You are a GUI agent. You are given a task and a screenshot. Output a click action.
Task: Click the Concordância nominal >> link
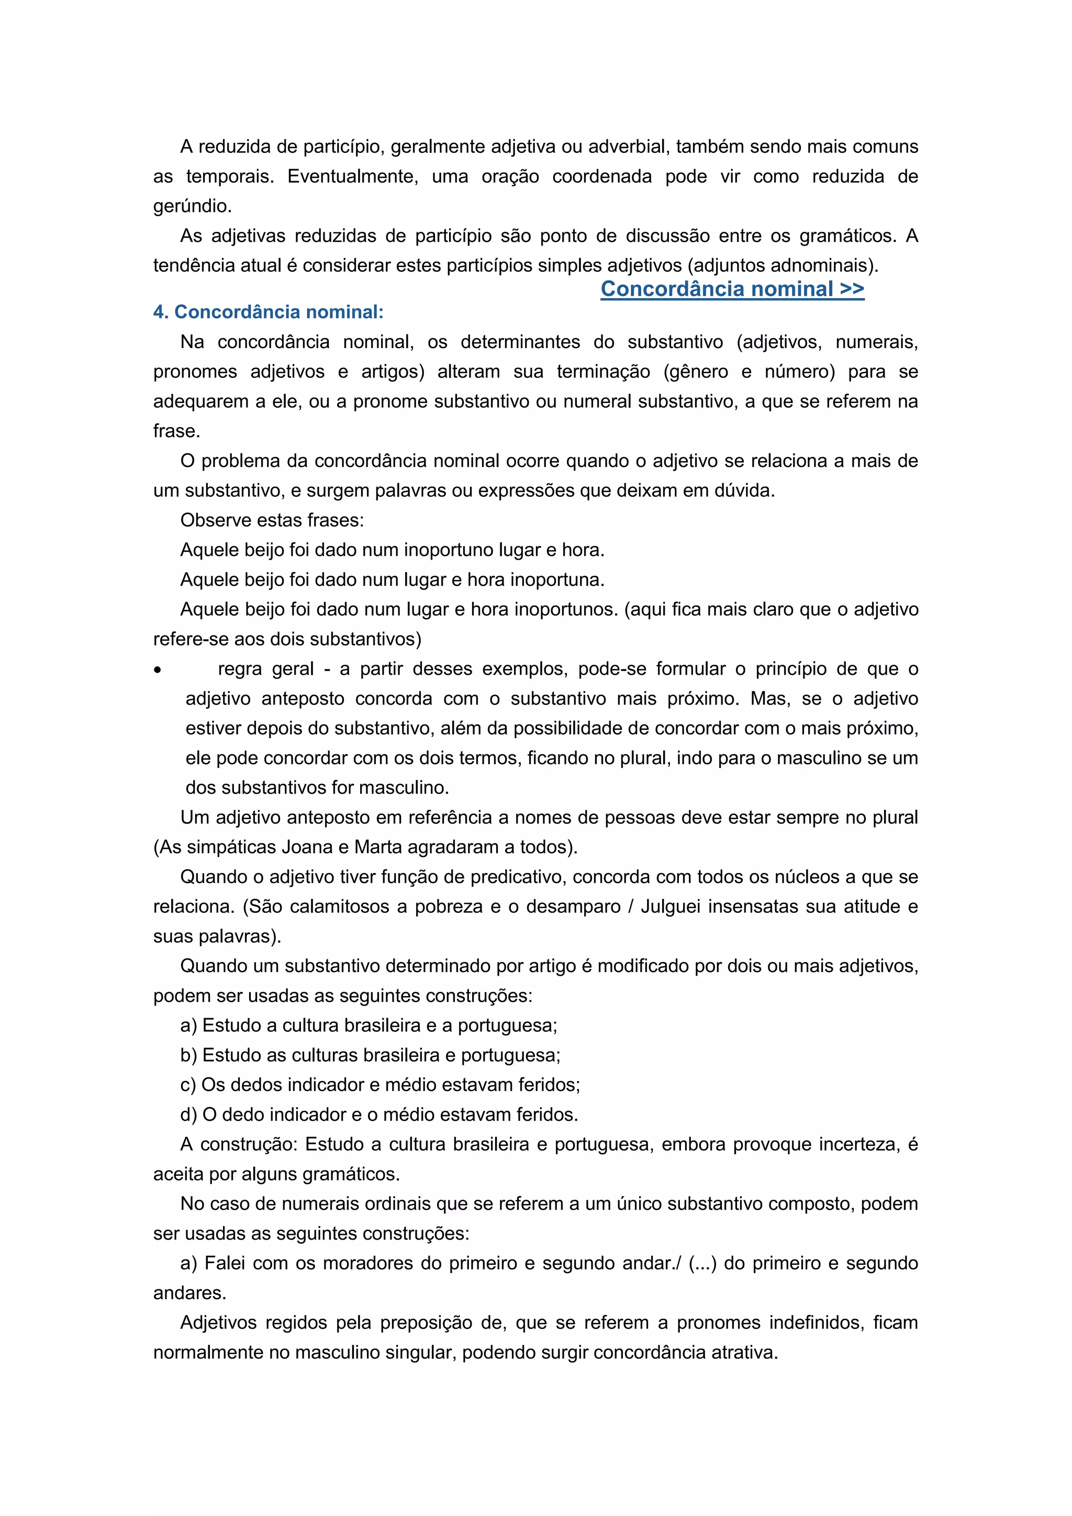pyautogui.click(x=732, y=288)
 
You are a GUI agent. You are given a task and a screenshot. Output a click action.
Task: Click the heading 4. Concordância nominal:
pyautogui.click(x=268, y=311)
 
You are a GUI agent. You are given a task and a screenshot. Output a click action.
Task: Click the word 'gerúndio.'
pyautogui.click(x=193, y=206)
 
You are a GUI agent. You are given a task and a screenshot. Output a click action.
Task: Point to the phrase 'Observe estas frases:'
pyautogui.click(x=272, y=520)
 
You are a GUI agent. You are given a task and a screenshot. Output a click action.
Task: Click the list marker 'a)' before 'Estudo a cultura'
pyautogui.click(x=189, y=1025)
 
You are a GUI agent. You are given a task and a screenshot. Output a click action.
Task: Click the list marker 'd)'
pyautogui.click(x=189, y=1114)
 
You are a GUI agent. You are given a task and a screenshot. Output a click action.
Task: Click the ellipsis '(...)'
pyautogui.click(x=702, y=1263)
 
